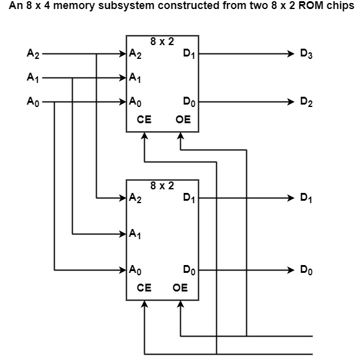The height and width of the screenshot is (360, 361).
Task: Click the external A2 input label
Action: [x=33, y=54]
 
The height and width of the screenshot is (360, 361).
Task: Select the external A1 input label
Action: [x=33, y=78]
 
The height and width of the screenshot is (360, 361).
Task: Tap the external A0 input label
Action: [x=33, y=102]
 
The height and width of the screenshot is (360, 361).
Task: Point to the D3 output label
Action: [x=307, y=54]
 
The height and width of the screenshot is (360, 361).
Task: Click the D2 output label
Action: [x=307, y=102]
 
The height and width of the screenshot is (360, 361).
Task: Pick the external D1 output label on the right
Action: [x=307, y=198]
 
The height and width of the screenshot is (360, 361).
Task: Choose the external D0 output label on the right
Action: [x=307, y=270]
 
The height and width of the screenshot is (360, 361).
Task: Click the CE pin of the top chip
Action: [x=144, y=120]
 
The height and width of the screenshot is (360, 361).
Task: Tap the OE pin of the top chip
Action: [x=183, y=120]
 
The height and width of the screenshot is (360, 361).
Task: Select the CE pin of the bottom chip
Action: [x=144, y=288]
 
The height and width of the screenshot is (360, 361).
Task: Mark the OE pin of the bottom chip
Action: [x=180, y=288]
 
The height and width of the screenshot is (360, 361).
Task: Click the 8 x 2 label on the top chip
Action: [x=162, y=41]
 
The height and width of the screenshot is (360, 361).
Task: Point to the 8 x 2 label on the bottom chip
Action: [x=162, y=186]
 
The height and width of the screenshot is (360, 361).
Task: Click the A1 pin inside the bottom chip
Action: [x=135, y=234]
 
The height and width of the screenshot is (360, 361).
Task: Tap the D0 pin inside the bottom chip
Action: [x=189, y=270]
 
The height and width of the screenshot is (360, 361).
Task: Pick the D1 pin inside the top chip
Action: [x=189, y=54]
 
